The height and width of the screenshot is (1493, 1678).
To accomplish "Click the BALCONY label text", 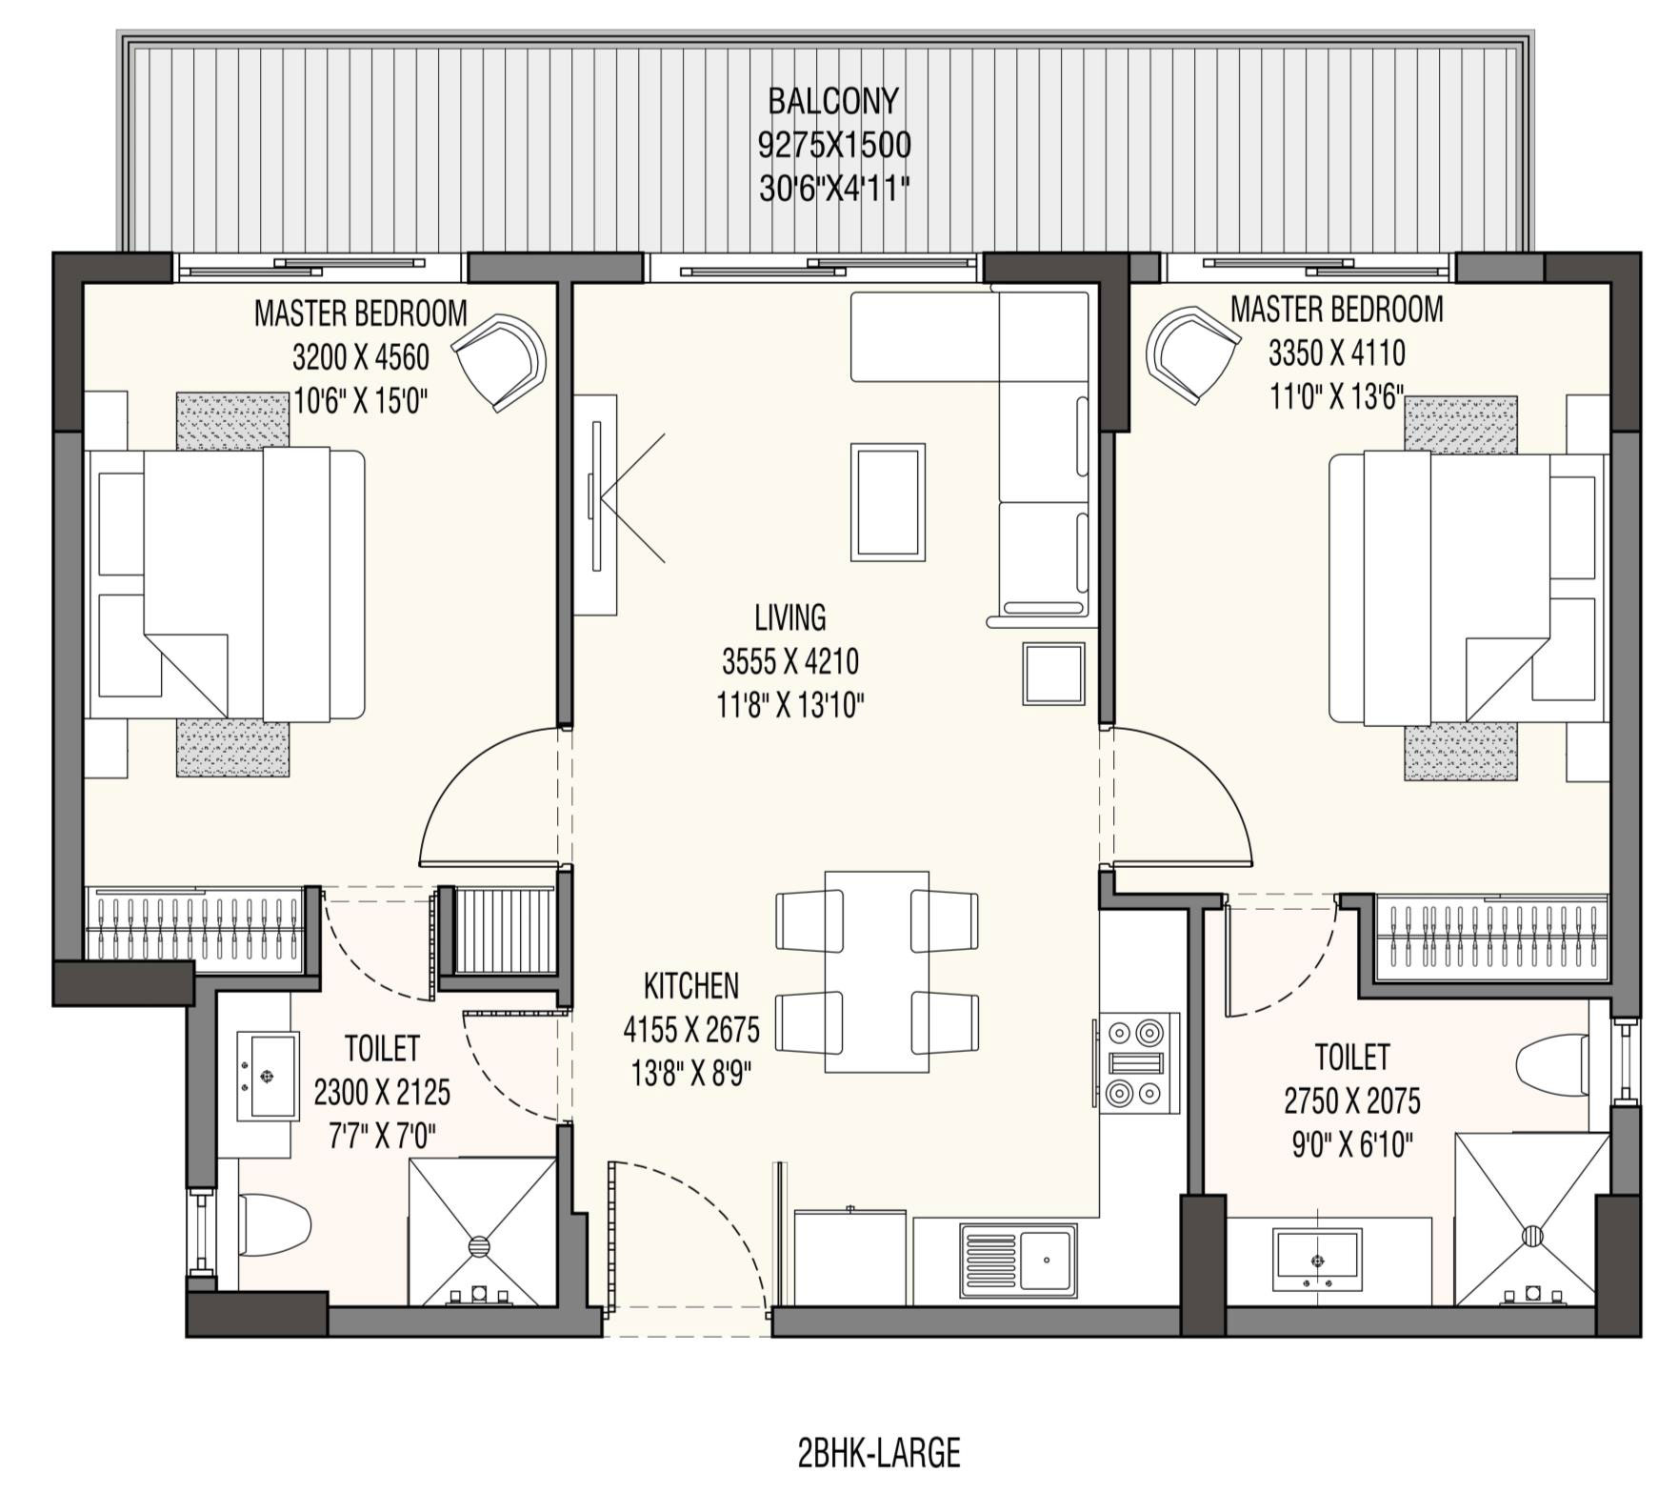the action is (833, 100).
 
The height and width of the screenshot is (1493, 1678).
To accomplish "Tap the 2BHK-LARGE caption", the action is (879, 1453).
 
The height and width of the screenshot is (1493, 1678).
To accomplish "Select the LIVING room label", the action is (790, 617).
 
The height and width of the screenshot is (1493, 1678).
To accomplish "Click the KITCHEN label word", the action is (691, 985).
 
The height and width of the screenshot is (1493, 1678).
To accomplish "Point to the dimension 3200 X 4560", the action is (361, 357).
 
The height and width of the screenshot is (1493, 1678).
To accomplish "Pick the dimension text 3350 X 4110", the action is (1336, 353).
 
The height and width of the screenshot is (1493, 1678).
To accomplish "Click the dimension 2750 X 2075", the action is (1352, 1101).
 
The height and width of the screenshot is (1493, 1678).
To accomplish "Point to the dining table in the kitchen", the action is (877, 971).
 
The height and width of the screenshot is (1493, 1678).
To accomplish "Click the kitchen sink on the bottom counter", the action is (1018, 1260).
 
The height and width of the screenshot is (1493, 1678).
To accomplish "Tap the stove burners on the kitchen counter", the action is (1139, 1063).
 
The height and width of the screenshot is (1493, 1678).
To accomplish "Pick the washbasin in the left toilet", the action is (267, 1076).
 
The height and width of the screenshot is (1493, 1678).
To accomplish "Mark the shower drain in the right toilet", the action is (1532, 1236).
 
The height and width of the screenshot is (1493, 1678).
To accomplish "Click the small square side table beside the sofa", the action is (1053, 674).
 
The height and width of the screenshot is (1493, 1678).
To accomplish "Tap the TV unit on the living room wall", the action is (596, 505).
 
